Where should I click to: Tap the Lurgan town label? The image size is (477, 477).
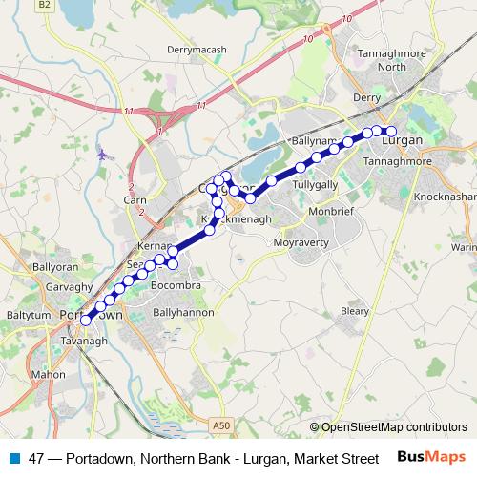click(x=401, y=140)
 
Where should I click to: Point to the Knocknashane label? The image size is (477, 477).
click(x=445, y=196)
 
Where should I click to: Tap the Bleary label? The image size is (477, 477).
click(x=355, y=310)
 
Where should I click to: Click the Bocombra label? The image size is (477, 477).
click(x=176, y=285)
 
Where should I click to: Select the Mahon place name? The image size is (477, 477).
click(x=49, y=375)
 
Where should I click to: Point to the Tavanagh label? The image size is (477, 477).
click(x=80, y=339)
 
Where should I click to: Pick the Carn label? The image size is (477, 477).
click(x=135, y=200)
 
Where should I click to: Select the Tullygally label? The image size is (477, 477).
click(x=316, y=182)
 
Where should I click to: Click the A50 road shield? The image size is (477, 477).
click(x=222, y=423)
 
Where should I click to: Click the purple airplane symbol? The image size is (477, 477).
click(x=104, y=153)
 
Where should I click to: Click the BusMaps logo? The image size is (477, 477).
click(x=434, y=457)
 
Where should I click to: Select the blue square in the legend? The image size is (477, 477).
click(x=14, y=458)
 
